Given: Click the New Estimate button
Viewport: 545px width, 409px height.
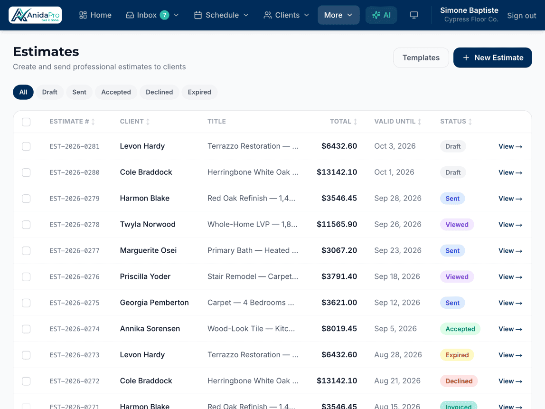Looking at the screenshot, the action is pos(492,58).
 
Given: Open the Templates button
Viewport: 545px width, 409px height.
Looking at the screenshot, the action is pos(421,58).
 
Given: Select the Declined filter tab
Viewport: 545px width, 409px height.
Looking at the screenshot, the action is pos(159,92).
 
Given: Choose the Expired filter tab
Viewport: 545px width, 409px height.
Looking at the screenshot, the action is pos(199,92).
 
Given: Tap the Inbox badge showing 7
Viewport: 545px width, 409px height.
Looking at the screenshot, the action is pos(164,15).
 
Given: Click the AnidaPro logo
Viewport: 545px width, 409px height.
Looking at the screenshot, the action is pos(35,15).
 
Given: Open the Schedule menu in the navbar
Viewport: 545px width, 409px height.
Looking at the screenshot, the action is pos(221,15).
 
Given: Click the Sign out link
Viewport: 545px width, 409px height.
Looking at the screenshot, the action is pos(521,16).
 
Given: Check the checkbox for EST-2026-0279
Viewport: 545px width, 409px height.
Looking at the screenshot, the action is pos(26,199).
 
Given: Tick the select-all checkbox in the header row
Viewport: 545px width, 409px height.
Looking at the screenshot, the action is pos(26,122).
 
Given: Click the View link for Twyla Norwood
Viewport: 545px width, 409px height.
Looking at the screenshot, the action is pos(510,225).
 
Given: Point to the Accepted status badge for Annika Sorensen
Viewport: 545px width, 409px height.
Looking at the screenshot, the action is pos(460,329).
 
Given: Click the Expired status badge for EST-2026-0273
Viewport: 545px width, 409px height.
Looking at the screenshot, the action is pos(457,355).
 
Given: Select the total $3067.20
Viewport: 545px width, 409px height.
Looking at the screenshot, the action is pos(339,250).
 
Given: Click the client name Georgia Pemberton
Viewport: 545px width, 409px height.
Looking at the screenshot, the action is pos(154,303).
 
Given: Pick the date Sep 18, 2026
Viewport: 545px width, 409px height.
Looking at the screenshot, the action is pos(397,276).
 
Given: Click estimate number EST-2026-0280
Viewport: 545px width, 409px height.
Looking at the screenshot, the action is pos(75,172).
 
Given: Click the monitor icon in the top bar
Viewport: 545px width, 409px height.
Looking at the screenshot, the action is pos(414,15).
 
